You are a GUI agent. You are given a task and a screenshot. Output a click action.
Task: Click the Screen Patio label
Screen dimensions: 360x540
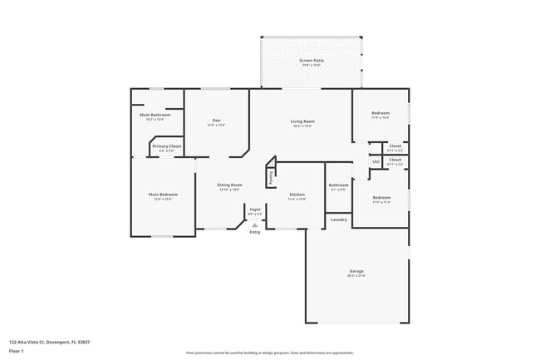click(x=312, y=61)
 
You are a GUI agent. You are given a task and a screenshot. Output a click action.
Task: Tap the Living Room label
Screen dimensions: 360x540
click(x=302, y=121)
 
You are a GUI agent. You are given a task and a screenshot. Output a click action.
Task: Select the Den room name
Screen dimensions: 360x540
click(x=216, y=121)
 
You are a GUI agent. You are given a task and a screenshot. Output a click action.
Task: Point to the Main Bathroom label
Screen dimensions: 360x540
click(x=155, y=115)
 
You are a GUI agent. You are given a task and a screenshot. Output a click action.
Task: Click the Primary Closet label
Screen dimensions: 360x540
click(x=166, y=146)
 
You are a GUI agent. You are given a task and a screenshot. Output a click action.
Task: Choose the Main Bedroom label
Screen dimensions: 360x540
click(x=163, y=195)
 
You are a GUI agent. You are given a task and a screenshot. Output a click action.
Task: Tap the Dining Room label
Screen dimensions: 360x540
click(x=229, y=185)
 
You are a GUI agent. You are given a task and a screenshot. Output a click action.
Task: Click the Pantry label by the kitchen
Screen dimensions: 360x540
click(x=270, y=176)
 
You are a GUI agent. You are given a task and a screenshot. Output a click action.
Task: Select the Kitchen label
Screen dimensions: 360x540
click(x=297, y=195)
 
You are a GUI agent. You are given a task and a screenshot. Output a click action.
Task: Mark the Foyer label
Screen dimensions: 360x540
click(x=255, y=210)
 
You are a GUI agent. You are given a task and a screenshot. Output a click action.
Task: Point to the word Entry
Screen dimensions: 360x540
click(x=255, y=232)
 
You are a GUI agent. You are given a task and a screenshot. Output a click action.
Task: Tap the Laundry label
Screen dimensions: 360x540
click(x=338, y=219)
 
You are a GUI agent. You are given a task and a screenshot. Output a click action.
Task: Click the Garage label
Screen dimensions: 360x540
click(x=356, y=272)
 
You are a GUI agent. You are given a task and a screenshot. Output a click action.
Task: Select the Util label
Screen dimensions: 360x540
click(x=376, y=161)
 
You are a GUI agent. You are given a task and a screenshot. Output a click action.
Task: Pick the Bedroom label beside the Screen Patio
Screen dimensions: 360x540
click(x=380, y=113)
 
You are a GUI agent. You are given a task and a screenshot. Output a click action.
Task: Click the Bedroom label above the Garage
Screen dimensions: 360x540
click(x=380, y=198)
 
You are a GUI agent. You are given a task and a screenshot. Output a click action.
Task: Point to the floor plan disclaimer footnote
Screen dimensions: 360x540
click(x=270, y=353)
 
